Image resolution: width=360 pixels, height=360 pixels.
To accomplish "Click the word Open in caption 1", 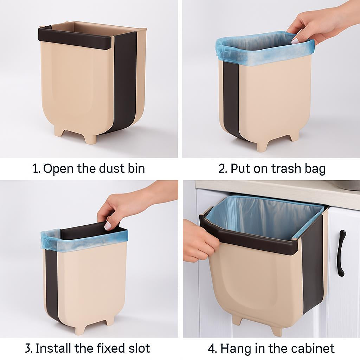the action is coord(59,169).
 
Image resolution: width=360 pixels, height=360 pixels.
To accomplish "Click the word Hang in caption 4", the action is coord(236,349).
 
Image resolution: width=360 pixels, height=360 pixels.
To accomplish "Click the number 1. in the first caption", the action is coord(37,169).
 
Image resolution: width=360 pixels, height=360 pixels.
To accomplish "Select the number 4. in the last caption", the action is coord(212,349).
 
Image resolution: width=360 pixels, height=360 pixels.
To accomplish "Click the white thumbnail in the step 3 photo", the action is coord(108,226).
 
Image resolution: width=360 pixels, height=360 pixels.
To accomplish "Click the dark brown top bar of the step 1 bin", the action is coord(76,39).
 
